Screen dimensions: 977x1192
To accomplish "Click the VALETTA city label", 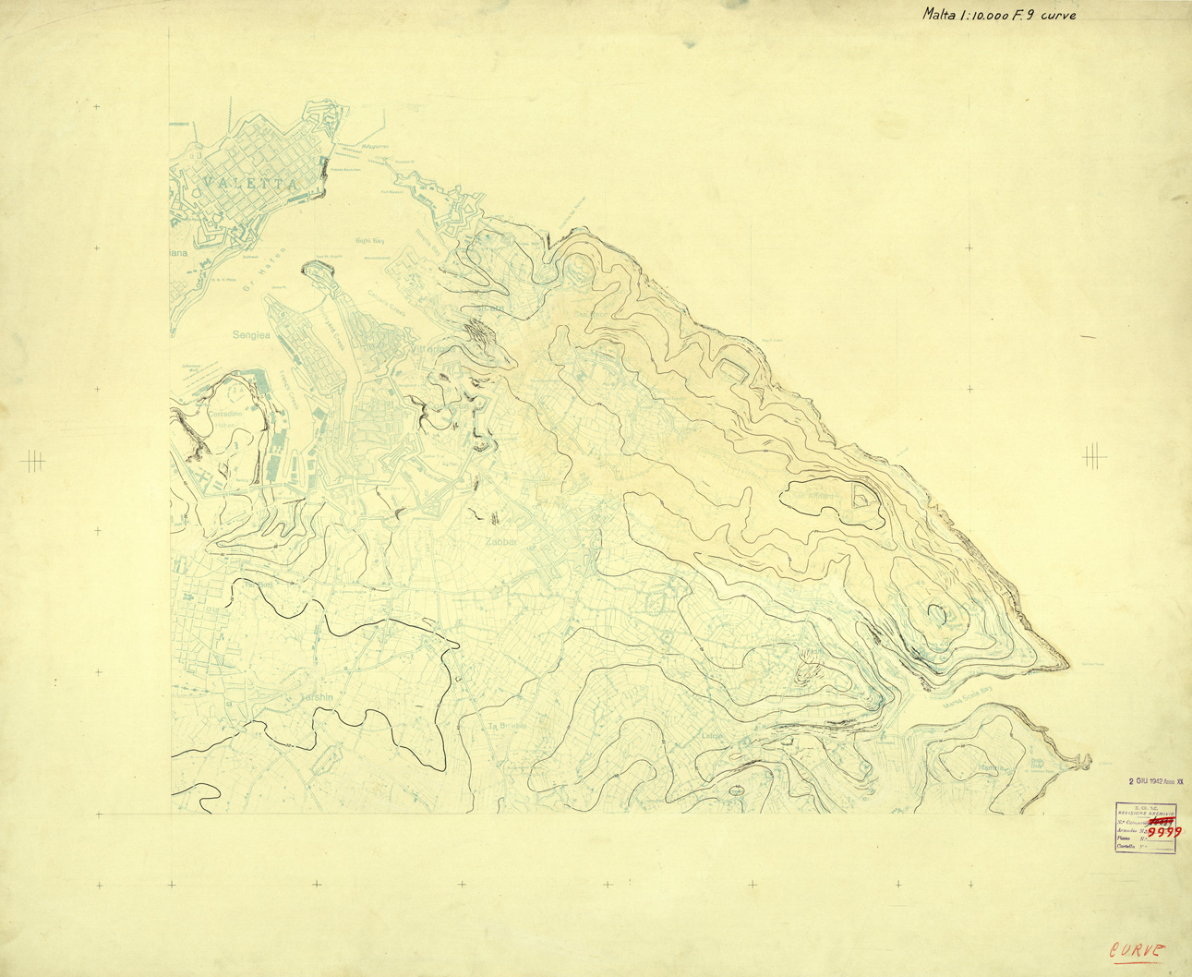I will tap(250, 183).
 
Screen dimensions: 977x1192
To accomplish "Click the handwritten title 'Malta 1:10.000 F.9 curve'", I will tap(999, 15).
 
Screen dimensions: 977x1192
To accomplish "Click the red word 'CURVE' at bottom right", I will tap(1137, 951).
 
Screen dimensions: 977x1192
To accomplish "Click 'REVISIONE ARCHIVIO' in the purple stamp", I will tap(1145, 813).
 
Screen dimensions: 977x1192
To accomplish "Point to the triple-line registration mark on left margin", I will tap(34, 458).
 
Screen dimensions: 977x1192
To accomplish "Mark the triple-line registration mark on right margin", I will tap(1094, 453).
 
